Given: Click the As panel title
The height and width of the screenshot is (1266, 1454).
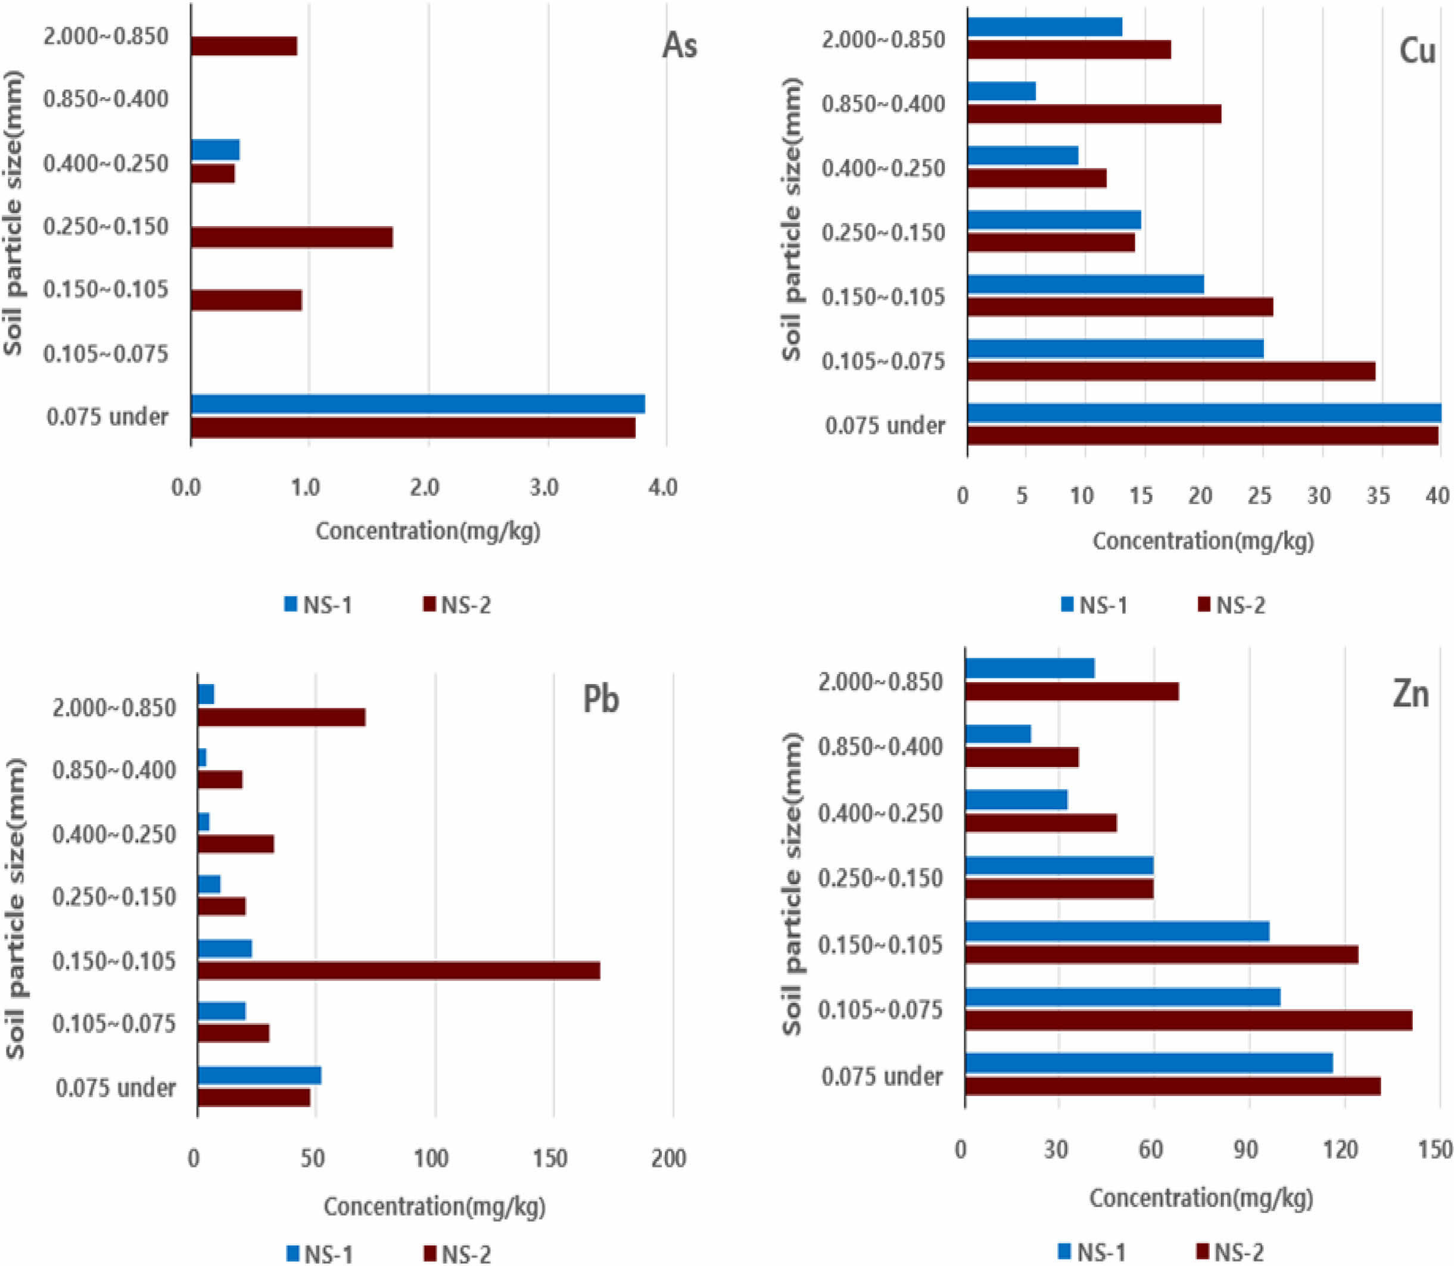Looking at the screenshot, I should pyautogui.click(x=679, y=46).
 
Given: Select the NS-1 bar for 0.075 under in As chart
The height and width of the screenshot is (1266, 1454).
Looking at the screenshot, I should pyautogui.click(x=418, y=404).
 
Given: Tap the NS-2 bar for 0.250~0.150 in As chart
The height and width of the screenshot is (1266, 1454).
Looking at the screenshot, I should pyautogui.click(x=291, y=238).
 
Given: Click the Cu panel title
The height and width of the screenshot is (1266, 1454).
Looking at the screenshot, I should pyautogui.click(x=1416, y=52).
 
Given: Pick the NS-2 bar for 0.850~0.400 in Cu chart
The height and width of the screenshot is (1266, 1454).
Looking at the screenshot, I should pyautogui.click(x=1094, y=114).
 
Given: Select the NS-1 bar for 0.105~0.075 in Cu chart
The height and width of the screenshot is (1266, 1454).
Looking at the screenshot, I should pyautogui.click(x=1115, y=349).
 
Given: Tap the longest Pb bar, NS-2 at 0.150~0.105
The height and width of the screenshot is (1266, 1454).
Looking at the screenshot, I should pyautogui.click(x=398, y=971).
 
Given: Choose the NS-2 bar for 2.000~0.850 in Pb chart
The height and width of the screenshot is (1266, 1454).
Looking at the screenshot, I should pyautogui.click(x=281, y=717).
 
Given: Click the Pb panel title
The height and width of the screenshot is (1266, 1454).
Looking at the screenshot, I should pyautogui.click(x=600, y=700).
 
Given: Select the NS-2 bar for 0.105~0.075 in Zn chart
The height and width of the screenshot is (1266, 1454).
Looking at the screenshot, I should pyautogui.click(x=1188, y=1020).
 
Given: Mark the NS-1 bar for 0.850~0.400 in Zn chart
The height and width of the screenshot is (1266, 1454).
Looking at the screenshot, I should pyautogui.click(x=998, y=734).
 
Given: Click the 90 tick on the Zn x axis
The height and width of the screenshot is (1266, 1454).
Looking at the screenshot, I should pyautogui.click(x=1245, y=1149).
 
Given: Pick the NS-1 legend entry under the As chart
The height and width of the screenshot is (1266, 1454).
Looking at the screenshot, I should pyautogui.click(x=318, y=606).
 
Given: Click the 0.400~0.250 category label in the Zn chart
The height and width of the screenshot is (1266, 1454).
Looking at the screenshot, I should pyautogui.click(x=880, y=813).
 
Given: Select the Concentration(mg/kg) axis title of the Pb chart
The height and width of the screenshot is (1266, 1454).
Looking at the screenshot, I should pyautogui.click(x=434, y=1206).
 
